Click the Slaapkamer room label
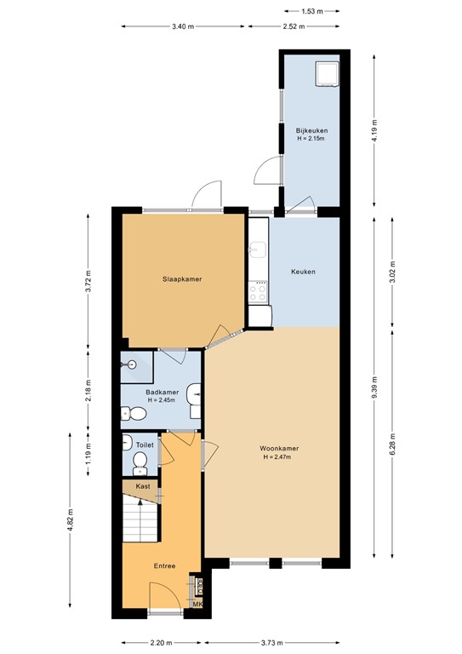click(182, 279)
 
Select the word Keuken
click(303, 272)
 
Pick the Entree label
click(164, 565)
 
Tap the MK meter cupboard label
click(198, 605)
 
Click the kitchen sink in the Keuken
click(259, 250)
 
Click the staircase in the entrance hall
click(140, 520)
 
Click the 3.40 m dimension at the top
click(183, 26)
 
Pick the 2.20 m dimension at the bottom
click(161, 643)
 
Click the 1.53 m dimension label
click(311, 11)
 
